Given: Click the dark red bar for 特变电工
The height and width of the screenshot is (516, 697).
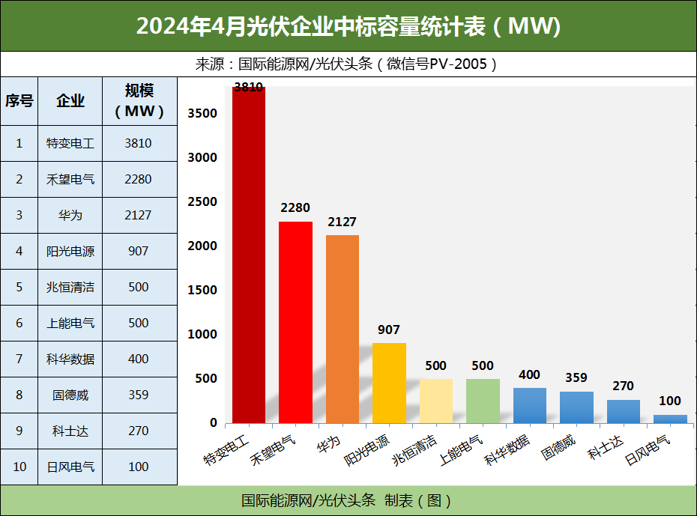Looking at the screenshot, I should [x=249, y=255].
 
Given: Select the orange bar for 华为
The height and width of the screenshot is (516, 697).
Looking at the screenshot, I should [x=343, y=330].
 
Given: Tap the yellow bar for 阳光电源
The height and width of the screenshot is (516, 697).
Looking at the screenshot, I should [x=389, y=383].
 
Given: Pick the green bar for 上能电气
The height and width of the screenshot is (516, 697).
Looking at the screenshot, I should [x=483, y=401].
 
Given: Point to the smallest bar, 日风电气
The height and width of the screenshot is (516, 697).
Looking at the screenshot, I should [x=670, y=419].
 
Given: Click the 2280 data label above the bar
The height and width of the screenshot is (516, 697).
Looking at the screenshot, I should [x=295, y=207].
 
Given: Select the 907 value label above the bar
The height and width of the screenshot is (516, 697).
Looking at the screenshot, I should [x=389, y=330].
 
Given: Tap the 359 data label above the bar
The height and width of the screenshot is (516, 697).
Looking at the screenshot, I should [x=576, y=377].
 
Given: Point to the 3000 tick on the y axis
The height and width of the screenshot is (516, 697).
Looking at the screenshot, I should [x=202, y=157].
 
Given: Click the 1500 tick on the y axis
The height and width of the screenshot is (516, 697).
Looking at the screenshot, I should [x=202, y=290].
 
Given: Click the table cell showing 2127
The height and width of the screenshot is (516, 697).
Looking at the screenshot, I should [x=139, y=215].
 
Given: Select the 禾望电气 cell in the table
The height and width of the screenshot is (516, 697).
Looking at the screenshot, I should [x=70, y=179].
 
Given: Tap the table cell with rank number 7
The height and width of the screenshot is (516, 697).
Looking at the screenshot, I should [x=19, y=359].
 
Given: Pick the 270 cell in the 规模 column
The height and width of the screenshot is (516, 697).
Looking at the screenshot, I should [x=139, y=431].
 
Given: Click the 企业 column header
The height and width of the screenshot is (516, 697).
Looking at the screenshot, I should [x=70, y=101].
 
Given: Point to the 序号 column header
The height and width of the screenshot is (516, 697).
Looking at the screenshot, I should [x=19, y=101].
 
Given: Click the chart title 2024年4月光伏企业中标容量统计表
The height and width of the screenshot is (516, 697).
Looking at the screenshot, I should [x=348, y=26].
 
